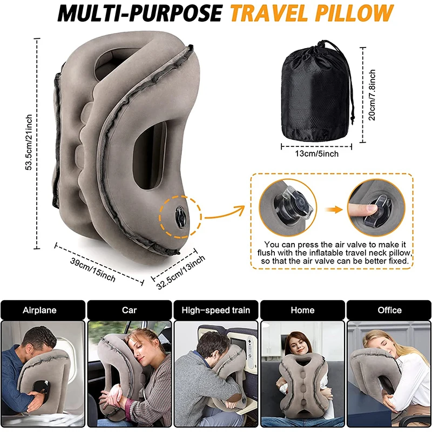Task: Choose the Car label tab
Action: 129,310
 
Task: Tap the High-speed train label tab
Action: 215,310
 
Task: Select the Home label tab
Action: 302,310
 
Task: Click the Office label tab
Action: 389,310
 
